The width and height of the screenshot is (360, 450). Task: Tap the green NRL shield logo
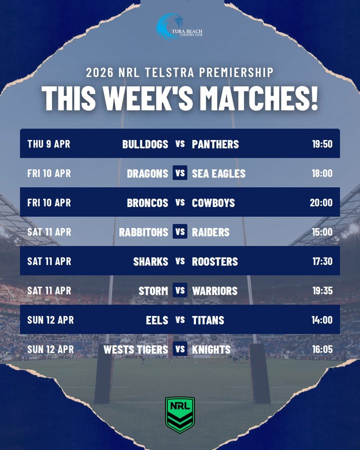point(180,414)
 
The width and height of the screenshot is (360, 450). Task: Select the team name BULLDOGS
point(145,144)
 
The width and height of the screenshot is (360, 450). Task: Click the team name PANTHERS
point(215,144)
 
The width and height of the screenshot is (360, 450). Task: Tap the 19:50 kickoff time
point(322,144)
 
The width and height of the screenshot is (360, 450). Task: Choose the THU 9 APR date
point(48,144)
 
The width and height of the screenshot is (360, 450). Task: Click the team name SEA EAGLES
point(218,173)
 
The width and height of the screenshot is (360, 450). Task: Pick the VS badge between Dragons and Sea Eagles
point(180,173)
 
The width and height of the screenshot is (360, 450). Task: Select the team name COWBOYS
point(213,202)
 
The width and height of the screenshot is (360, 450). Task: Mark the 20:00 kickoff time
point(321,202)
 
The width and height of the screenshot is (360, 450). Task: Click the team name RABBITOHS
point(143,232)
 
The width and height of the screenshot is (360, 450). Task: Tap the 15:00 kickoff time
point(322,232)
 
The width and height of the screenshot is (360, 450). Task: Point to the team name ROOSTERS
point(215,261)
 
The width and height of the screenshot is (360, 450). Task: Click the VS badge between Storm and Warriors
point(180,290)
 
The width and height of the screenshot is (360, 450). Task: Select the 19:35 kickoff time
point(322,290)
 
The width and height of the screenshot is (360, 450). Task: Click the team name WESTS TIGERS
point(135,349)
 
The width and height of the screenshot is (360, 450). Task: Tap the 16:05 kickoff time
point(322,349)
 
